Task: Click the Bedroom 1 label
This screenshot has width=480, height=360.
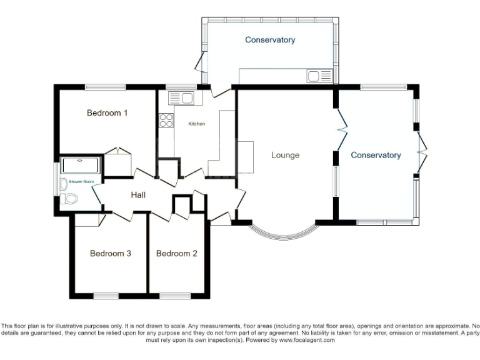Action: pyautogui.click(x=107, y=113)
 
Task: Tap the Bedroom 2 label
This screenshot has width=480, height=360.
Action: pyautogui.click(x=177, y=254)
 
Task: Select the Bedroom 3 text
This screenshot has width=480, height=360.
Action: pyautogui.click(x=110, y=254)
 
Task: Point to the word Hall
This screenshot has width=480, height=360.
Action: pyautogui.click(x=138, y=195)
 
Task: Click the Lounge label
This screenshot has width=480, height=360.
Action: pyautogui.click(x=285, y=155)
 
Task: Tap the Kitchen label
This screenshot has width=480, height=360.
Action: pyautogui.click(x=197, y=124)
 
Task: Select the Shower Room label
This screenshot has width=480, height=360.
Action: pyautogui.click(x=81, y=182)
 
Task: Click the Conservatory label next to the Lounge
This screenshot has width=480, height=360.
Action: pyautogui.click(x=376, y=155)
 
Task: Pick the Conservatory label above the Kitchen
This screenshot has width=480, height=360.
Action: pyautogui.click(x=270, y=40)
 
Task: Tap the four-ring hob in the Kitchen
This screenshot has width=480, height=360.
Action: pyautogui.click(x=166, y=120)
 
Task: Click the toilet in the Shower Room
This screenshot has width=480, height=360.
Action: pyautogui.click(x=69, y=199)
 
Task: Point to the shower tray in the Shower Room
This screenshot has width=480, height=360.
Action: pyautogui.click(x=80, y=166)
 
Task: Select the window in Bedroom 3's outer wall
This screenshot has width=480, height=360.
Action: pyautogui.click(x=106, y=294)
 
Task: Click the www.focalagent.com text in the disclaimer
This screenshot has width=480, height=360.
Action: pyautogui.click(x=307, y=341)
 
